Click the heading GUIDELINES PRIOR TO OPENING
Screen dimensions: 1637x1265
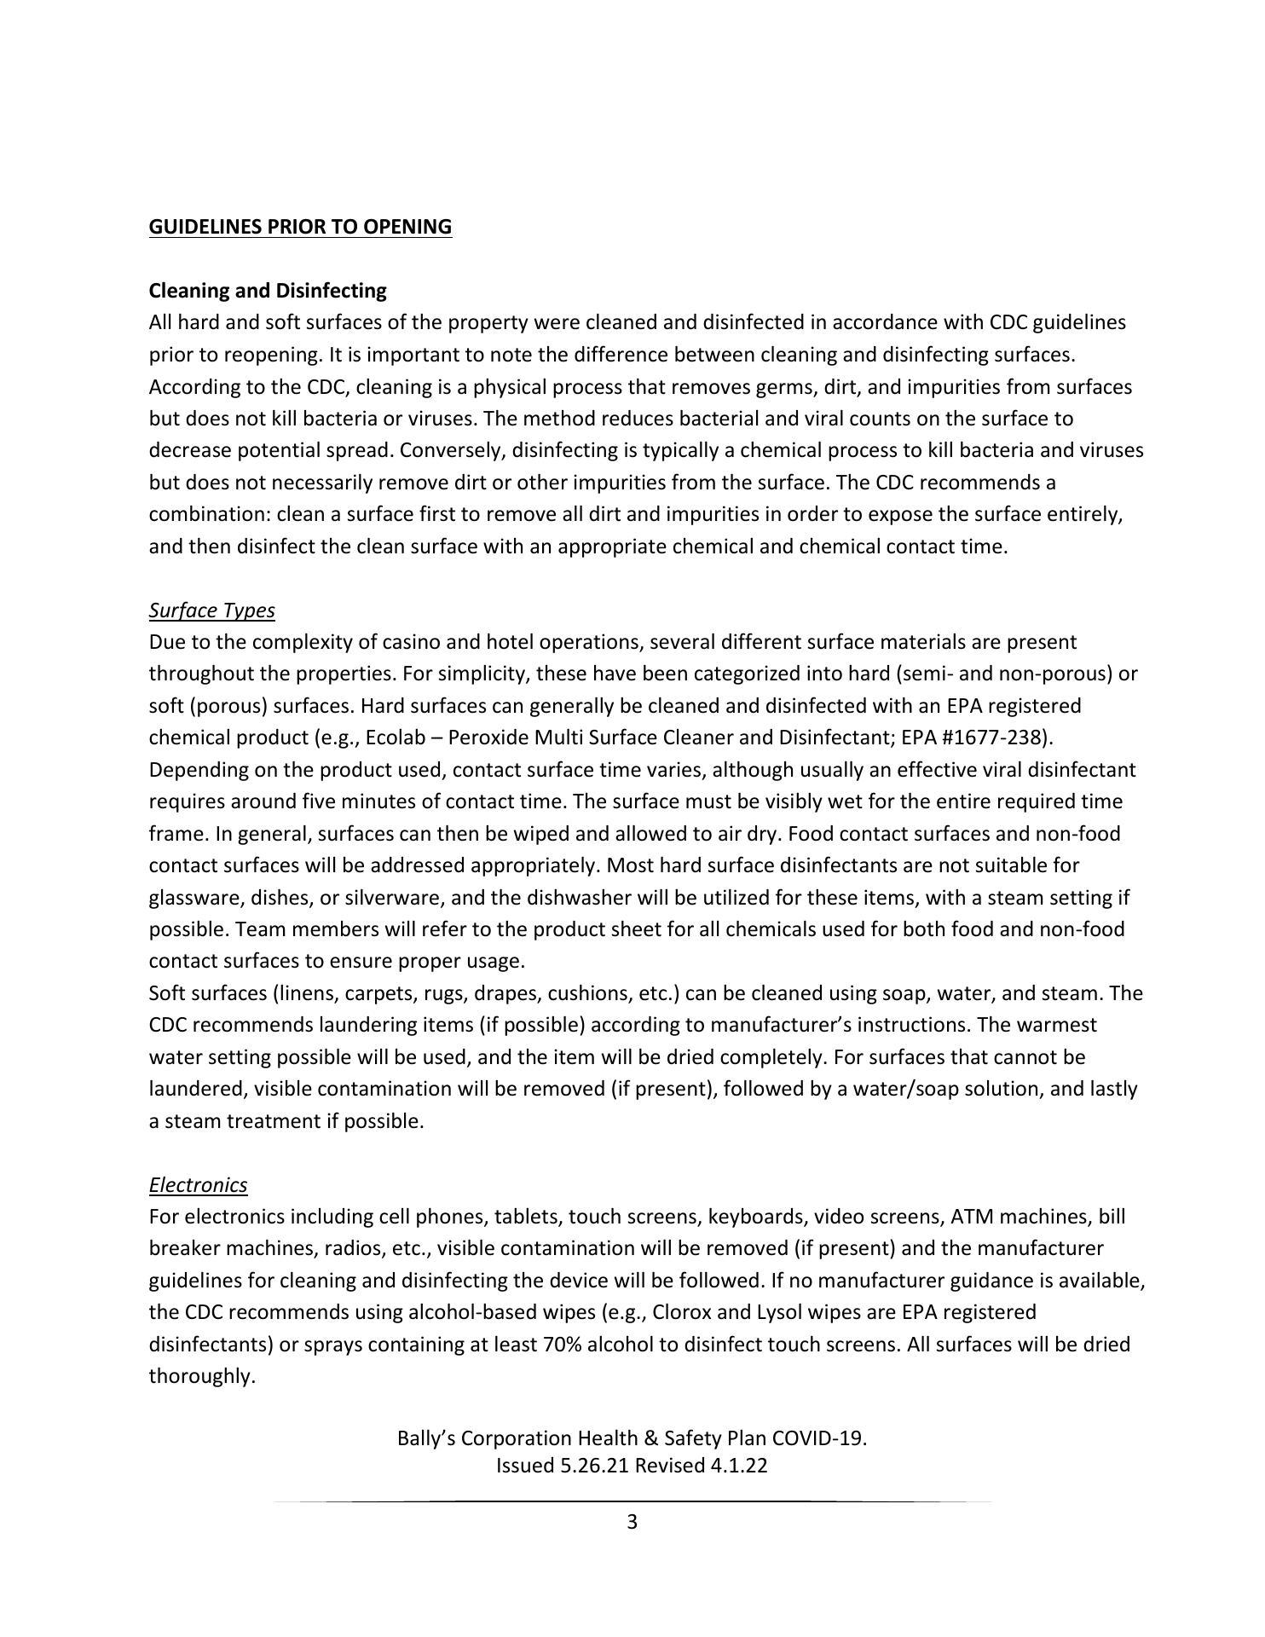pos(300,227)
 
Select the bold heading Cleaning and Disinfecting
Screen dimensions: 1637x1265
pos(267,291)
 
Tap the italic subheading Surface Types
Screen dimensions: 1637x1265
pos(211,610)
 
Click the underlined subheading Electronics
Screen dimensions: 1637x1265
pos(198,1185)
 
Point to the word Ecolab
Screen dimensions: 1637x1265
pos(395,738)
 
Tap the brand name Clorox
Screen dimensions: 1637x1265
pos(682,1312)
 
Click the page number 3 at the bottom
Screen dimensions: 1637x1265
pos(632,1522)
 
